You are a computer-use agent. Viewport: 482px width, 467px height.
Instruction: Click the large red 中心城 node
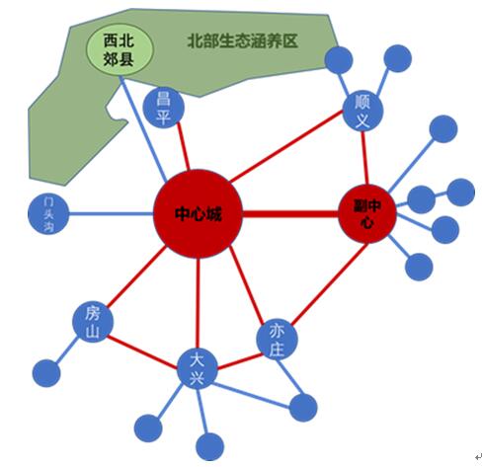[x=198, y=214]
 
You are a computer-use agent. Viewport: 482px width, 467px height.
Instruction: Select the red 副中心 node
[x=367, y=214]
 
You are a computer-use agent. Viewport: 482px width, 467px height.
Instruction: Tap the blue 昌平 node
[x=163, y=108]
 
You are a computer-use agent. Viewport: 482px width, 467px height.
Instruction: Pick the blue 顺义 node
[x=362, y=111]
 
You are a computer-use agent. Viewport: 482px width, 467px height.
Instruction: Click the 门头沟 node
[x=48, y=214]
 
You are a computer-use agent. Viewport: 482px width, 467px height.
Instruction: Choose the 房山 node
[x=93, y=322]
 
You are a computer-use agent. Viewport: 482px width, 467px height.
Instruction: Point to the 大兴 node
[x=198, y=369]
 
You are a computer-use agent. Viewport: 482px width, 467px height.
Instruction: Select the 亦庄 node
[x=277, y=340]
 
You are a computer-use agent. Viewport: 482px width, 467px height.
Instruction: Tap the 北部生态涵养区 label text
[x=242, y=41]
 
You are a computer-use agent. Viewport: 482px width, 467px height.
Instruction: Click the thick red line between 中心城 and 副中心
[x=290, y=214]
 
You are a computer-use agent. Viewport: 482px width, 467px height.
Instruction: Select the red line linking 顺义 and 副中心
[x=364, y=158]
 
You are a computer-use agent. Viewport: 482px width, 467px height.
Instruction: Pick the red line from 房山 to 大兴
[x=141, y=351]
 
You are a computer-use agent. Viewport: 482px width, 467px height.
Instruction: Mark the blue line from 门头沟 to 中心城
[x=111, y=214]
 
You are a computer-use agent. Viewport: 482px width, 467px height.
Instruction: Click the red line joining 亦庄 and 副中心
[x=329, y=283]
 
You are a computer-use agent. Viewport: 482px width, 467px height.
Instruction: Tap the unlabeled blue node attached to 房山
[x=46, y=373]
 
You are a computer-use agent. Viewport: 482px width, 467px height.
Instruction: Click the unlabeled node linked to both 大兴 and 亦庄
[x=303, y=408]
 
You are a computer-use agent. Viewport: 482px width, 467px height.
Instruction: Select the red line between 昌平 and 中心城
[x=183, y=146]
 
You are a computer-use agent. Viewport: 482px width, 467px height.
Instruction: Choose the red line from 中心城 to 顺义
[x=286, y=146]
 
